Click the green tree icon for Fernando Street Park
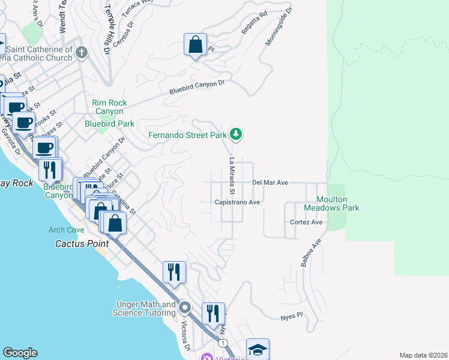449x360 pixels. coord(237,134)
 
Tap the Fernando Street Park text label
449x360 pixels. coord(187,135)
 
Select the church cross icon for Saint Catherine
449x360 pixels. coord(82,53)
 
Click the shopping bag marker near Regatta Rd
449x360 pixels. coord(195,45)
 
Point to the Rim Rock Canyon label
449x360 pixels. coord(109,107)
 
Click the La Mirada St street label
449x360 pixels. coord(231,176)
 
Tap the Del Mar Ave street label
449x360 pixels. coord(270,182)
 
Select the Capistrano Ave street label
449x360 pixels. coord(238,202)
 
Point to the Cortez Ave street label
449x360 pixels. coord(307,222)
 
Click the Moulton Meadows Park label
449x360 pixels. coord(333,203)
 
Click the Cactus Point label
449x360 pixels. coord(82,244)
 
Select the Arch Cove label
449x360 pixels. coord(67,230)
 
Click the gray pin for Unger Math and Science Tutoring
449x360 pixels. coord(185,308)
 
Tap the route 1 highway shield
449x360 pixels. coord(223,343)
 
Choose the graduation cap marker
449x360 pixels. coord(258,350)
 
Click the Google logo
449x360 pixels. coord(20,353)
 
